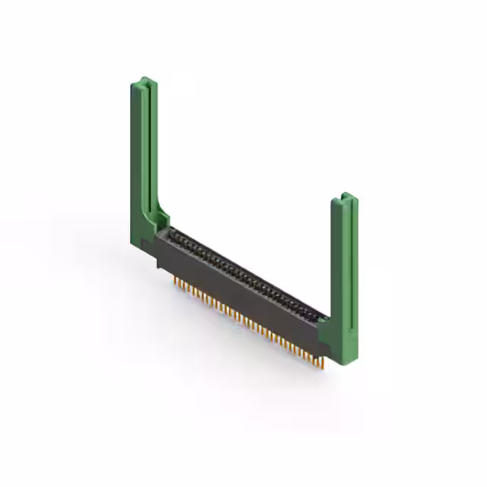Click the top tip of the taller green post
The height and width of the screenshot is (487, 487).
click(145, 79)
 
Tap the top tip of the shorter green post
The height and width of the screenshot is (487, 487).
click(344, 196)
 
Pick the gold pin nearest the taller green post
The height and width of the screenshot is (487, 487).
click(177, 282)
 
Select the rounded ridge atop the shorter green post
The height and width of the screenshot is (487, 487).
click(346, 199)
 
